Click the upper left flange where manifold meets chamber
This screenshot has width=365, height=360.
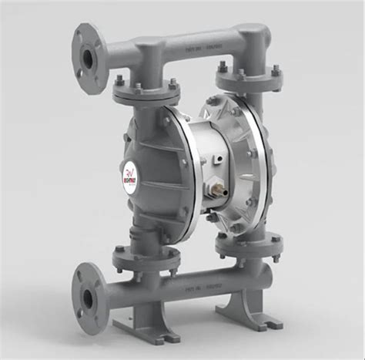coord(146,91)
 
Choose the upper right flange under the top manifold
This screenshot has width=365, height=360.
coord(248,80)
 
